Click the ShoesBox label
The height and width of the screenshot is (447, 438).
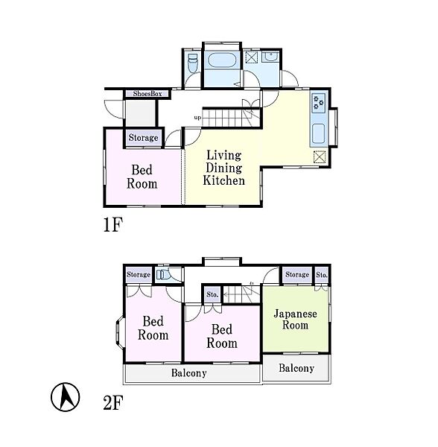click(147, 94)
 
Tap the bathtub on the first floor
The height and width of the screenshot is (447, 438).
click(222, 60)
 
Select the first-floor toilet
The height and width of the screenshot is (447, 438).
click(193, 63)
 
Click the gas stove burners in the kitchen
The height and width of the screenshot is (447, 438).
click(318, 103)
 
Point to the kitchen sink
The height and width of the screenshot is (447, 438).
click(318, 133)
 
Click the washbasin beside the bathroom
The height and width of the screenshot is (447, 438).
click(270, 57)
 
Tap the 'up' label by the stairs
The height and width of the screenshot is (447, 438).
click(197, 118)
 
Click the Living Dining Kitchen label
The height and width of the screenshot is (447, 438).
click(223, 168)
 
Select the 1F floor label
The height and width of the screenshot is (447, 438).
click(112, 225)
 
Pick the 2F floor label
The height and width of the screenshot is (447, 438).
click(112, 402)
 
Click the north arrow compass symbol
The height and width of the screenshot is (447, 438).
click(66, 397)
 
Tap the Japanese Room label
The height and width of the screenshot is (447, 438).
click(295, 320)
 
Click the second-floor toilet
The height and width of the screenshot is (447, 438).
click(162, 274)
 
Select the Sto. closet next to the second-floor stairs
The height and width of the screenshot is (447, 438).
click(212, 294)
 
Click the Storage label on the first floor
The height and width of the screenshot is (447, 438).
click(143, 138)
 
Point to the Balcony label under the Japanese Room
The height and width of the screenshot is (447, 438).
click(296, 368)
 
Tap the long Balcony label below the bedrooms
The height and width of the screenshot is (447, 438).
click(189, 373)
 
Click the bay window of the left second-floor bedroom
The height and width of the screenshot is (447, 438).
click(119, 332)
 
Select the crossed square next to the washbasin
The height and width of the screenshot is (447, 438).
click(252, 57)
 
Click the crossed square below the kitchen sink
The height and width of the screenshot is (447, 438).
click(320, 156)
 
